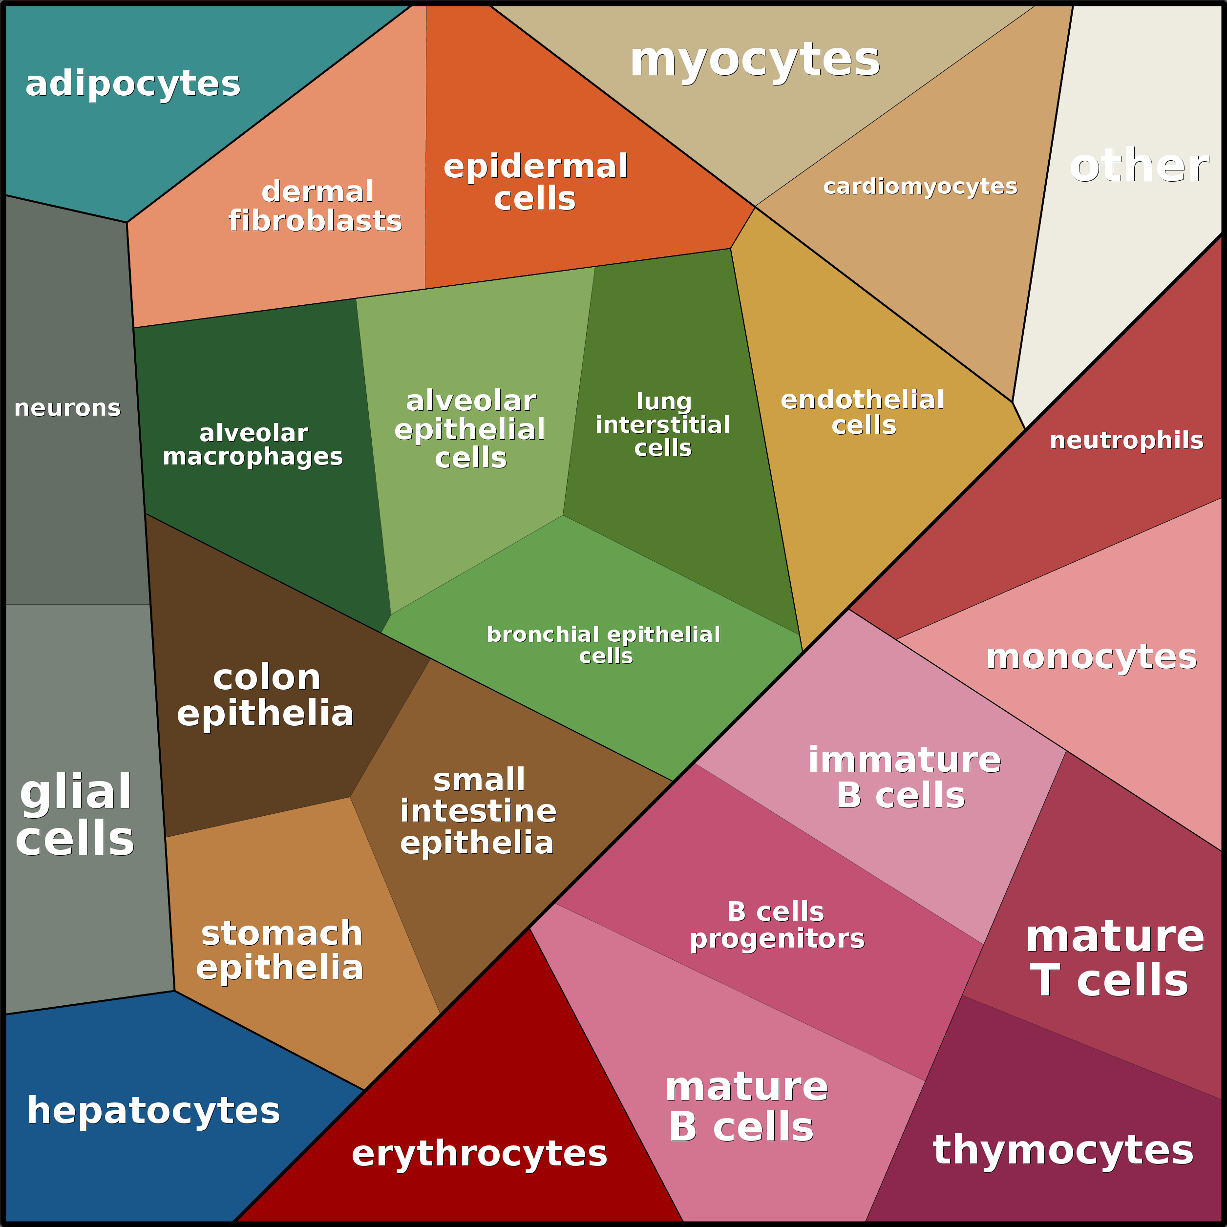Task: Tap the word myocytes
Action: pos(755,61)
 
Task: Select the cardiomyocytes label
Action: pos(920,187)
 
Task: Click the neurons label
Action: pos(67,408)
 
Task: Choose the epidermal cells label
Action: pos(535,182)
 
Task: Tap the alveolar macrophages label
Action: pos(253,444)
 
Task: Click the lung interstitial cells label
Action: pos(662,424)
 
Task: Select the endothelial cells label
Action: pos(863,412)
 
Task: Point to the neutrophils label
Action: pos(1126,440)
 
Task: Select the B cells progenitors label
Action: pos(777,925)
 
